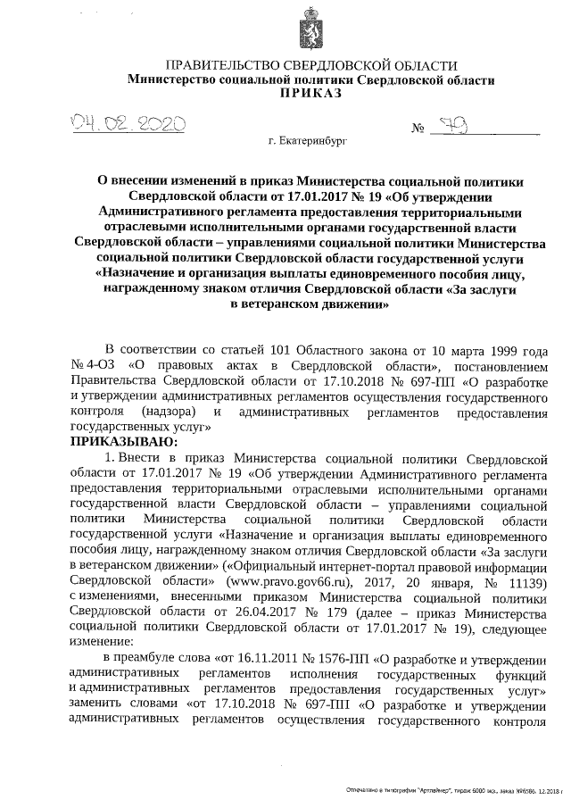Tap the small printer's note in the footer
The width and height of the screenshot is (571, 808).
click(x=454, y=791)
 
